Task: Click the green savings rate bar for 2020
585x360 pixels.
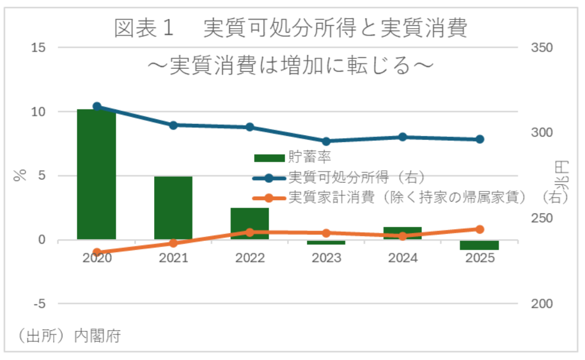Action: coord(97,174)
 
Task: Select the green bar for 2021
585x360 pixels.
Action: coord(173,208)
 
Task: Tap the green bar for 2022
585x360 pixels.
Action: coord(250,224)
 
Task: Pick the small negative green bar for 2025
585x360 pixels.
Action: coord(479,245)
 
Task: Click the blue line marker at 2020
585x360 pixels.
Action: coord(97,106)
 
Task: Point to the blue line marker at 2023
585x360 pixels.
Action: coord(327,141)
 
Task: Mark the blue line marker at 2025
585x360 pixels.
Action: coord(480,139)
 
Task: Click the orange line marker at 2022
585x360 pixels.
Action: coord(250,232)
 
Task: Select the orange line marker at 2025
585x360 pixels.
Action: coord(480,229)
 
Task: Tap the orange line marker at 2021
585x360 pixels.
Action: coord(174,243)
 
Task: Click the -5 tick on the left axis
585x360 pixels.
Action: coord(38,304)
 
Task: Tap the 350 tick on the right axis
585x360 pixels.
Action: coord(541,48)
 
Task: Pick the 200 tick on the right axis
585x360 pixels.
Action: coord(541,304)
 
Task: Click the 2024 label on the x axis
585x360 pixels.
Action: coord(403,258)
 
